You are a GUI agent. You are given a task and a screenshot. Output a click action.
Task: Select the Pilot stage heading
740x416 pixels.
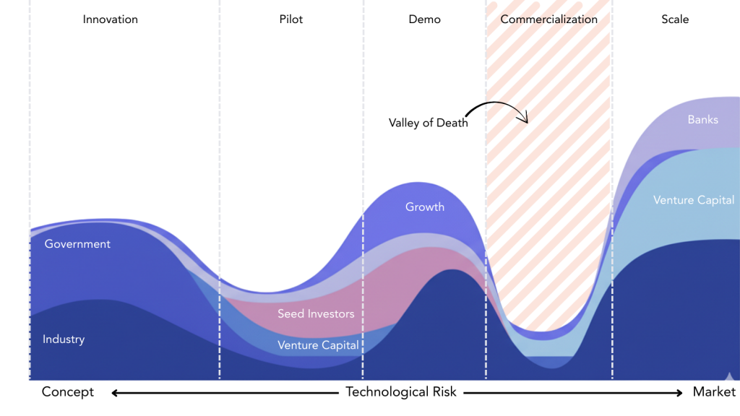coord(291,19)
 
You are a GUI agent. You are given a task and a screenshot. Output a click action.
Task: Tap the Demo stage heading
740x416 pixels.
coord(424,19)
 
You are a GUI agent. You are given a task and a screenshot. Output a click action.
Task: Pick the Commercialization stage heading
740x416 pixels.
coord(549,19)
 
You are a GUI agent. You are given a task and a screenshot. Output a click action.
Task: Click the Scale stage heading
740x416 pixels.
coord(675,19)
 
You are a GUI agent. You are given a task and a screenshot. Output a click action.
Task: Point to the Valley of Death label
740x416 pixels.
coord(429,123)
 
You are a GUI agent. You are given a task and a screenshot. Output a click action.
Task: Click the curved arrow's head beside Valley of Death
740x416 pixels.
coord(525,119)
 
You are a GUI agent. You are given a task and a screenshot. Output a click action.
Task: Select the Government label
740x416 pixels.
coord(77,244)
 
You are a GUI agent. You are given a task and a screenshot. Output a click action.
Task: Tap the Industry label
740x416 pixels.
coord(64,339)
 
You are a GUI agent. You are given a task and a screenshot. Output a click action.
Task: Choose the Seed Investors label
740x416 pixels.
coord(316,314)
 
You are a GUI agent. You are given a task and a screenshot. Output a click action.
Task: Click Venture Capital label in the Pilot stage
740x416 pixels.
coord(318,345)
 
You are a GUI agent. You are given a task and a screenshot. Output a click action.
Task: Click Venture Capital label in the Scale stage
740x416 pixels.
coord(694,200)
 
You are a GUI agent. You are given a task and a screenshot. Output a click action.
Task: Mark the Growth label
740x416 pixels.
coord(425,207)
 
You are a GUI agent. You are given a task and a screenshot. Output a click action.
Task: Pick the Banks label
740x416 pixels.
coord(702,120)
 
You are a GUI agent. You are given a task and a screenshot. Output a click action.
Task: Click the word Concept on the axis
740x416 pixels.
coord(68,392)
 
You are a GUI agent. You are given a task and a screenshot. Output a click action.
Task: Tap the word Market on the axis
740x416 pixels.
coord(714,392)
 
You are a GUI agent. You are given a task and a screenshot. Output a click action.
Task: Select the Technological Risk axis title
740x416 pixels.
coord(401,392)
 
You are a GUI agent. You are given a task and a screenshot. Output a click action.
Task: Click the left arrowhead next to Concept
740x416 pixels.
coord(114,393)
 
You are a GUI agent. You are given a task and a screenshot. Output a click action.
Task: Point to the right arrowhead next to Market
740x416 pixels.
coord(679,393)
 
